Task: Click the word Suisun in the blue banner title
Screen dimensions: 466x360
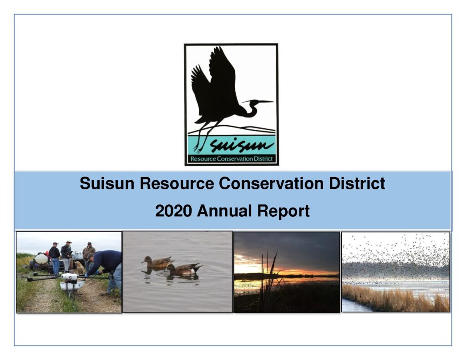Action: coord(107,183)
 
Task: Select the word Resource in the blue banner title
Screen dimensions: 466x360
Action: coord(177,183)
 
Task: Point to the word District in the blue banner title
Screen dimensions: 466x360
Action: coord(357,183)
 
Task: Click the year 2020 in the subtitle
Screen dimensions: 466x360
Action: coord(173,211)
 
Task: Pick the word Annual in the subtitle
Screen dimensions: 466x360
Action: coord(224,211)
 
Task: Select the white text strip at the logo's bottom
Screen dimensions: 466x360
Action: coord(232,159)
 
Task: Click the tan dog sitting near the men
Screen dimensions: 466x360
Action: coord(79,268)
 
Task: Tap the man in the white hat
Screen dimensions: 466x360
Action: coord(66,256)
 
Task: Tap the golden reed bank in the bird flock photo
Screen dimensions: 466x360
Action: coord(395,299)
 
